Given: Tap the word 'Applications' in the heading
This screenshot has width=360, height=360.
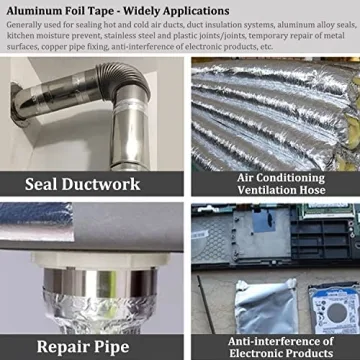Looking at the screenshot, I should (x=196, y=11).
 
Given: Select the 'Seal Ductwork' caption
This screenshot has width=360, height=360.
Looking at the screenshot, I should (x=89, y=183).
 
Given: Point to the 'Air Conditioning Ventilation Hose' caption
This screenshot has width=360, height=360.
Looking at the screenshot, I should (x=275, y=183).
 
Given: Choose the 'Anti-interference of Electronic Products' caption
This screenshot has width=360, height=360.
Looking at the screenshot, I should (x=275, y=347).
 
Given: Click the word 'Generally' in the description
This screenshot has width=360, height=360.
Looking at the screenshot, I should (x=29, y=25).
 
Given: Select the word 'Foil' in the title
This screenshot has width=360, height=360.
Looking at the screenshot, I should (x=79, y=11).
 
